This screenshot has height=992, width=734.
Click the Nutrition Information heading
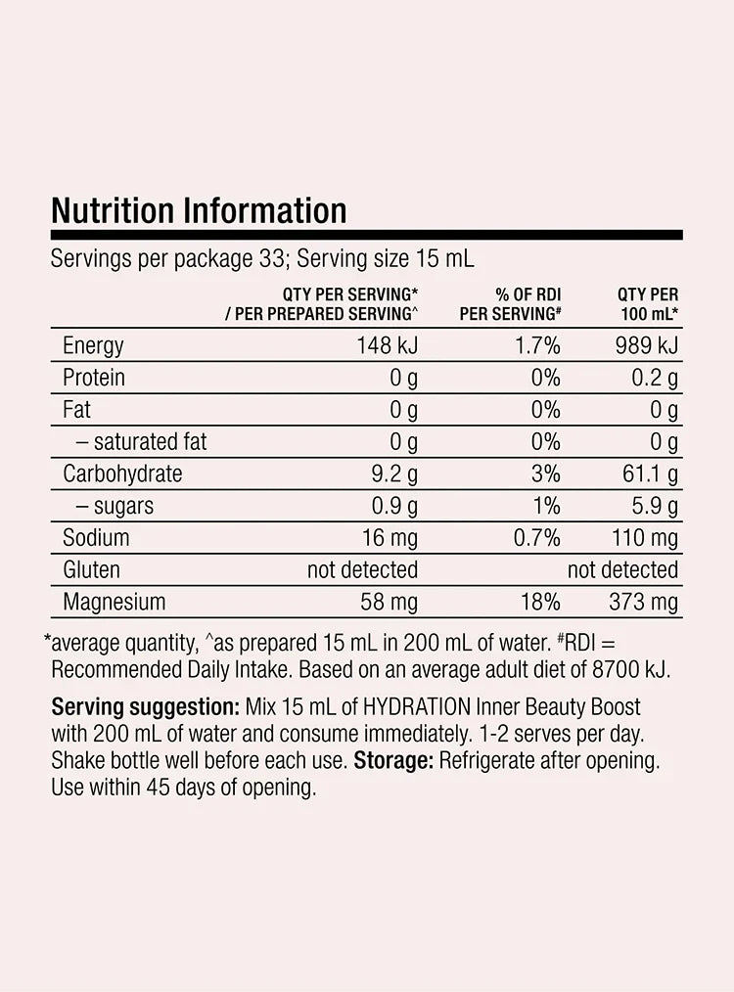[199, 210]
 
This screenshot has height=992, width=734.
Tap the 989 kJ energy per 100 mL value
[646, 345]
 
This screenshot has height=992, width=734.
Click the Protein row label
[94, 378]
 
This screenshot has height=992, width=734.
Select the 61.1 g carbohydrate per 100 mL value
[649, 473]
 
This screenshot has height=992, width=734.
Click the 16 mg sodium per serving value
[390, 537]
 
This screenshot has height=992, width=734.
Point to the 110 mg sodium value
[644, 537]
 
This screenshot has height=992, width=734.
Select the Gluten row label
[92, 569]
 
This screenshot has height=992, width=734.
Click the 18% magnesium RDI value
[540, 602]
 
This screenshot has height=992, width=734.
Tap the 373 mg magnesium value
[644, 602]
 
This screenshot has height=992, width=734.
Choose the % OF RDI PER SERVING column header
[510, 303]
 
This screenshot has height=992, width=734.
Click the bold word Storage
[393, 760]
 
